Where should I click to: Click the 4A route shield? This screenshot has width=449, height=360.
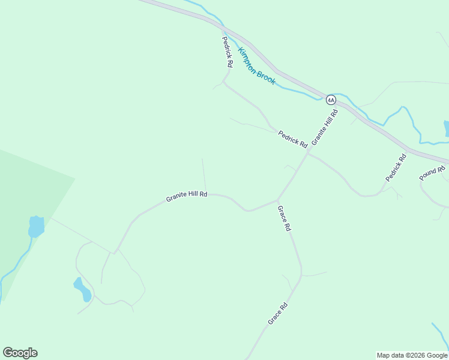(x=331, y=100)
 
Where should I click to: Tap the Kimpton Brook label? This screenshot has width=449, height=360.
(x=257, y=66)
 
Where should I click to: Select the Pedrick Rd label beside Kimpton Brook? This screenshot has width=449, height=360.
(x=227, y=51)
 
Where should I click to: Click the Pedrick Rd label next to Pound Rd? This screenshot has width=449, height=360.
(x=396, y=168)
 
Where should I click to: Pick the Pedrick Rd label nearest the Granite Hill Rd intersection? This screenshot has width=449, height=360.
(x=292, y=140)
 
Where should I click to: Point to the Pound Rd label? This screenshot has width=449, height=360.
(x=432, y=173)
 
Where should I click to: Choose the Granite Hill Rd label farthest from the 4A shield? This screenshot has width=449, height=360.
(x=187, y=196)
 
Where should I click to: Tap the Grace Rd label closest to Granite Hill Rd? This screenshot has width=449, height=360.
(x=284, y=218)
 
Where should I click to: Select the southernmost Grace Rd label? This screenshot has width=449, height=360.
(x=278, y=314)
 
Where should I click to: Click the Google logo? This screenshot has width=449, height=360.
(x=20, y=353)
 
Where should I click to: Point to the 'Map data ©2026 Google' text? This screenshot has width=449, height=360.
(x=412, y=355)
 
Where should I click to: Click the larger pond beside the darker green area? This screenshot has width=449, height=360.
(x=36, y=227)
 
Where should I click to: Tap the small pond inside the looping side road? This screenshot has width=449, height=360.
(x=82, y=289)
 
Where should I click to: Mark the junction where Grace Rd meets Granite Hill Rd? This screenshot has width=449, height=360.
(x=277, y=200)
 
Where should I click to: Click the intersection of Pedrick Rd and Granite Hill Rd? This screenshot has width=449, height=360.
(x=308, y=153)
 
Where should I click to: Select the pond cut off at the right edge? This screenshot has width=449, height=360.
(x=446, y=128)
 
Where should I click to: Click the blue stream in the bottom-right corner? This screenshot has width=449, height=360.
(x=440, y=335)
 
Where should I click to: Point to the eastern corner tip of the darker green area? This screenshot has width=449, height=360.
(x=75, y=178)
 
